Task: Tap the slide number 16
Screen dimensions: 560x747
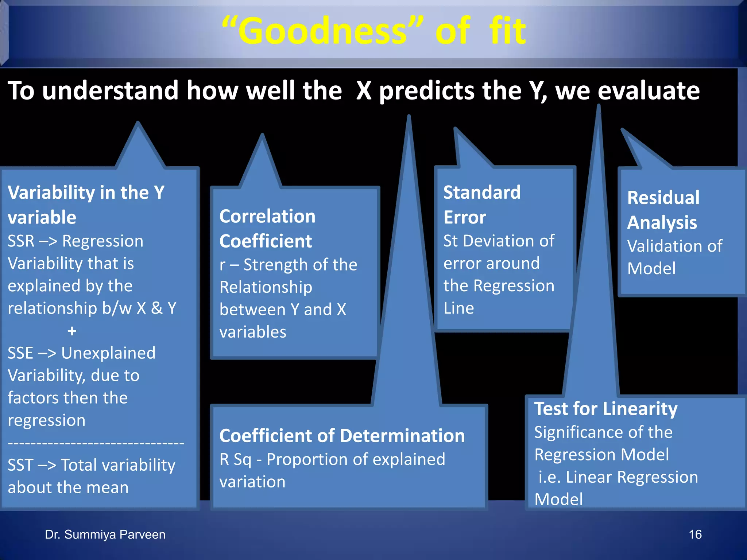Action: click(x=695, y=534)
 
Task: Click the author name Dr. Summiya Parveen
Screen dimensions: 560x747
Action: click(x=105, y=534)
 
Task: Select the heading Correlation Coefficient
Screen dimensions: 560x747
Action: click(x=267, y=229)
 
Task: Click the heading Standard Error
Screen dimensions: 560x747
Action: click(x=481, y=205)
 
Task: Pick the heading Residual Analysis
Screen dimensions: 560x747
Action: click(x=663, y=210)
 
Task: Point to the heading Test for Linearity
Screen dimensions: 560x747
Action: click(x=605, y=409)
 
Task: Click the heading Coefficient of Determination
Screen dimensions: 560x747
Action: click(x=342, y=436)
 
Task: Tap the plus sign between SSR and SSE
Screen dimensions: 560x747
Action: click(x=72, y=331)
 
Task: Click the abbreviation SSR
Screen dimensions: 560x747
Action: click(x=21, y=241)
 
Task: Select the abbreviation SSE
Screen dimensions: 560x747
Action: click(x=20, y=353)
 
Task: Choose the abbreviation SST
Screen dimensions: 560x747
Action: click(x=20, y=465)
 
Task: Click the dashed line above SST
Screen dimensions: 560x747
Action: click(x=96, y=443)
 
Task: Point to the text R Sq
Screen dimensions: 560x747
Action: click(x=235, y=459)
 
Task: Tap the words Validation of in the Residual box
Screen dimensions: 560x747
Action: click(x=674, y=246)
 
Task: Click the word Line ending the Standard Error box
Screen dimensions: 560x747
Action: click(x=458, y=308)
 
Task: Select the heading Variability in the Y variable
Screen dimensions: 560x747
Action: click(x=86, y=205)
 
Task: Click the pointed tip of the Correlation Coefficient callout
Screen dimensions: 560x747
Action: click(x=262, y=136)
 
